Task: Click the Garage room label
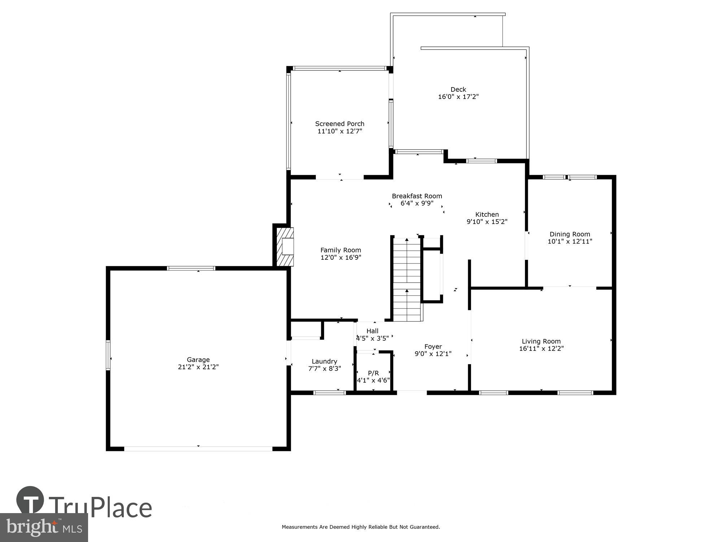[x=198, y=360]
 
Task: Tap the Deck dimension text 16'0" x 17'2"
[x=458, y=97]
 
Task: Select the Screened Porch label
[x=340, y=124]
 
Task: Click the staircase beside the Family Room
[x=407, y=280]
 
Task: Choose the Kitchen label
[x=487, y=214]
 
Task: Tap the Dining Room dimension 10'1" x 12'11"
[x=570, y=242]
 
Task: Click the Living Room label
[x=541, y=341]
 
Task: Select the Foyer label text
[x=433, y=347]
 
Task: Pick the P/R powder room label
[x=373, y=373]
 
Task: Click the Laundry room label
[x=324, y=361]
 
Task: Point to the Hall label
[x=372, y=331]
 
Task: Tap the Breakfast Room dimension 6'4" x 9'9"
[x=417, y=203]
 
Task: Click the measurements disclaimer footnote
[x=361, y=527]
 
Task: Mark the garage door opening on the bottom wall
[x=198, y=448]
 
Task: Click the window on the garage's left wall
[x=108, y=355]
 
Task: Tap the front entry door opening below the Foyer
[x=412, y=392]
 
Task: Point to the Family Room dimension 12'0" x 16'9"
[x=340, y=258]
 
